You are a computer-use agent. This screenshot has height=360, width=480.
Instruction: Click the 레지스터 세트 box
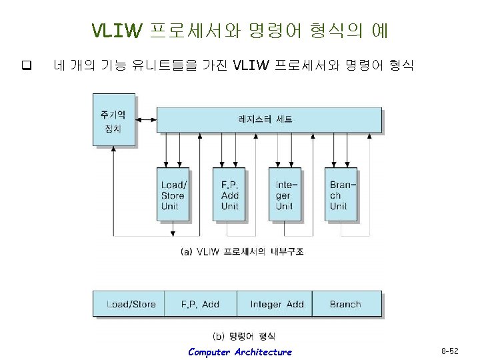click(269, 120)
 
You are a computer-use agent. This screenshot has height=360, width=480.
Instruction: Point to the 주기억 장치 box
click(114, 120)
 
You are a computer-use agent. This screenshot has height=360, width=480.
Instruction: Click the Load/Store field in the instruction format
click(131, 304)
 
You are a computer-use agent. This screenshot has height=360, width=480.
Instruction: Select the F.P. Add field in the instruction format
click(200, 304)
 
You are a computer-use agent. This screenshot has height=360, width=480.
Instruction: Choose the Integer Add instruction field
click(276, 304)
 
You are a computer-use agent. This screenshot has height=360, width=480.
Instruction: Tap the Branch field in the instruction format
click(345, 304)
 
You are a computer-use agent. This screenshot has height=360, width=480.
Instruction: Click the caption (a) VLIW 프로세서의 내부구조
click(242, 251)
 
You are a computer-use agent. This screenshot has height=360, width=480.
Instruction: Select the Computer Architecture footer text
click(240, 352)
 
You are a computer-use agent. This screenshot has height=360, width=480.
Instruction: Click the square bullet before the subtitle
click(27, 65)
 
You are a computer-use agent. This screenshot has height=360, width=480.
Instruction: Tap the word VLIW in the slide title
click(117, 31)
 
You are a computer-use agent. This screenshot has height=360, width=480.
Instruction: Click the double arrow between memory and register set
click(146, 120)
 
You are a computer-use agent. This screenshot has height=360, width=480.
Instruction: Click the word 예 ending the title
click(380, 31)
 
